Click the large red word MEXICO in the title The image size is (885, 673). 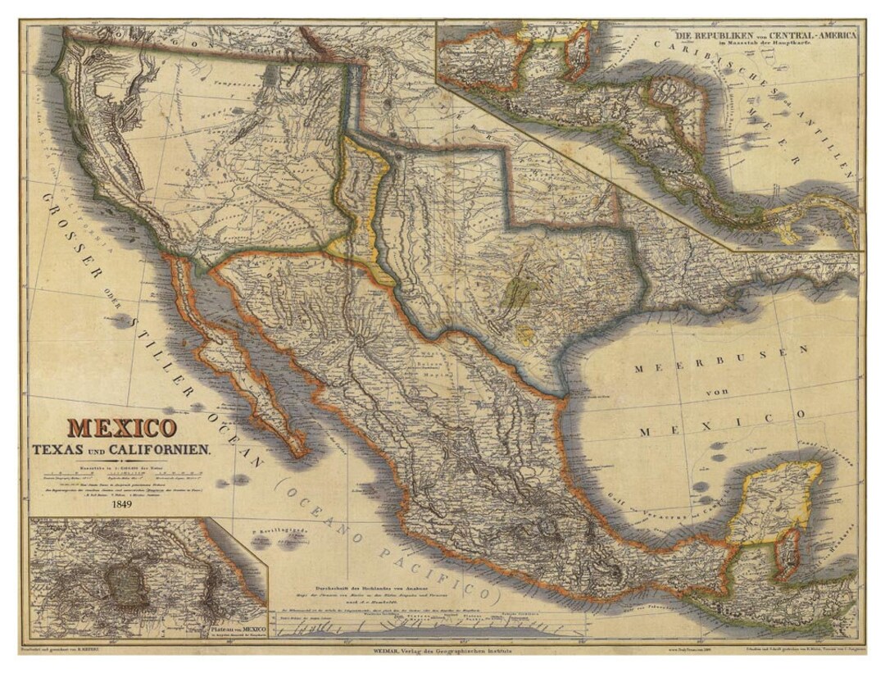120,428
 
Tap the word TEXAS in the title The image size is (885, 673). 60,450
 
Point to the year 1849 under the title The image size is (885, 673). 120,505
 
